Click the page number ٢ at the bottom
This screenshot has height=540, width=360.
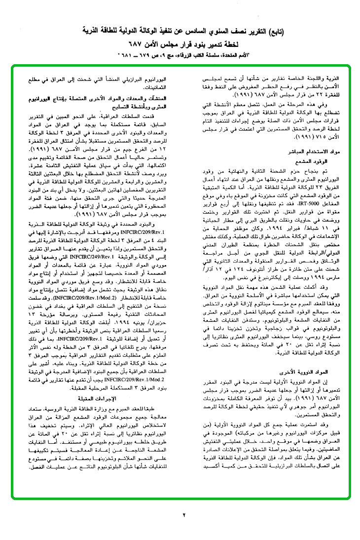[x=184, y=515]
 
